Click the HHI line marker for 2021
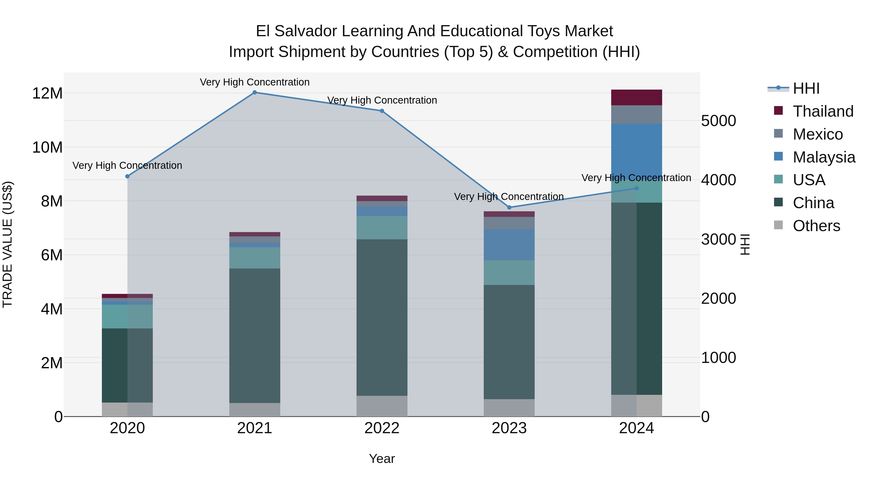pos(255,92)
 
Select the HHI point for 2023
pos(509,207)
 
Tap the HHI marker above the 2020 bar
pos(127,177)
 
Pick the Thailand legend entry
pos(823,111)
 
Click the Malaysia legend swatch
pos(778,156)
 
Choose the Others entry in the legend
pos(816,226)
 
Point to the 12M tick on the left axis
pos(47,93)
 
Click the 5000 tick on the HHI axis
pos(719,121)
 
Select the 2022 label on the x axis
pos(382,428)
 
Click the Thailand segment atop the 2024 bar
pos(637,98)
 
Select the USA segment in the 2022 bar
pos(382,227)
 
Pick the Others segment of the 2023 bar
pos(509,408)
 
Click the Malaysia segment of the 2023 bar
pos(509,245)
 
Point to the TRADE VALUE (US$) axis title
pos(7,244)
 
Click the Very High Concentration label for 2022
pos(382,100)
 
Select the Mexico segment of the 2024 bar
pos(637,115)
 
